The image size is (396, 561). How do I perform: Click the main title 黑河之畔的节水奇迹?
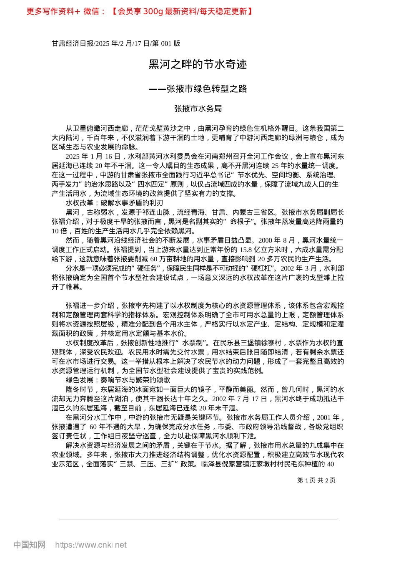[198, 64]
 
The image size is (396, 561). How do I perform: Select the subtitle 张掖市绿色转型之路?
[206, 89]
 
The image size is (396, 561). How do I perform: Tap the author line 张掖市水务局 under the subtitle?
[198, 109]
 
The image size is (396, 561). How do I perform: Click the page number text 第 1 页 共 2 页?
[316, 480]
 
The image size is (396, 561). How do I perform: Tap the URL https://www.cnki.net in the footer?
[91, 545]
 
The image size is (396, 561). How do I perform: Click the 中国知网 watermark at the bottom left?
[29, 545]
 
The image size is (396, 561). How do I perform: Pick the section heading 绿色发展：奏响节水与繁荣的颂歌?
[118, 380]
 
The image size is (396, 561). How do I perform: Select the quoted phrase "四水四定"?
[151, 184]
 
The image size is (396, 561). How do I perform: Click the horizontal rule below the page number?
[198, 520]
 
